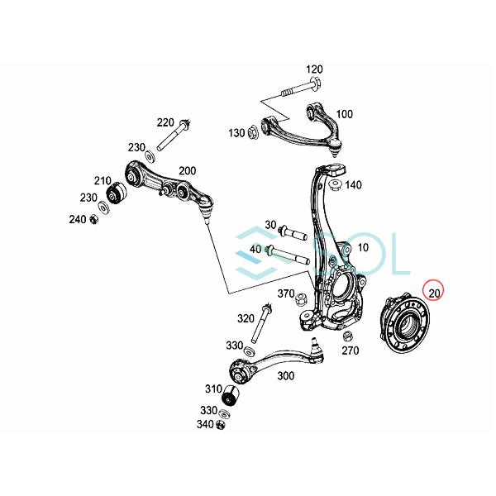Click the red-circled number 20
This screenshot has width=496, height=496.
coord(434,293)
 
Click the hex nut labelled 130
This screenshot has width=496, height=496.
coord(253,132)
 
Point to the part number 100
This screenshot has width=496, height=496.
coord(344,114)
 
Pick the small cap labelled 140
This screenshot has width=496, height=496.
coord(336,184)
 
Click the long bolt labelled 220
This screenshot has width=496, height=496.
coord(174,136)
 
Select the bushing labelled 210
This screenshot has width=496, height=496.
coord(116,193)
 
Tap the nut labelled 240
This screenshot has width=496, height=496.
coord(94,219)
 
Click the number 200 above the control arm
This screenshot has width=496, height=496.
coord(188,171)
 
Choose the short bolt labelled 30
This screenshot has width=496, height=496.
coord(293,233)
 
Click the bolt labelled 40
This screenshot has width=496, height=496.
coord(288,256)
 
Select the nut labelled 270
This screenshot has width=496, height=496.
coord(349,336)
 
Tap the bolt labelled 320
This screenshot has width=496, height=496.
coord(260,323)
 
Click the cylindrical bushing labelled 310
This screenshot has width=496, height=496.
coord(231,396)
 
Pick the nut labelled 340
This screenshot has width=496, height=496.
coord(221,425)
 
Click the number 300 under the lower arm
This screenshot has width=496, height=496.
coord(286,376)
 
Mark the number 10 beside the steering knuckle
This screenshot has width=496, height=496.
coord(364,247)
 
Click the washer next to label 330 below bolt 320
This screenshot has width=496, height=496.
coord(250,351)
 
